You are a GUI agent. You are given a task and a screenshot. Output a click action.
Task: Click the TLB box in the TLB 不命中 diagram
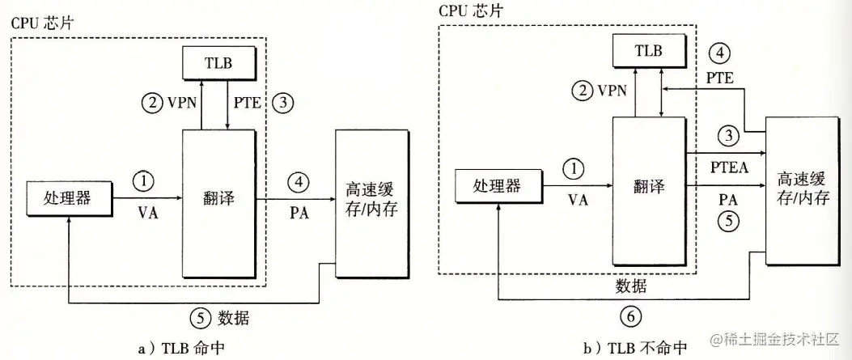pos(648,51)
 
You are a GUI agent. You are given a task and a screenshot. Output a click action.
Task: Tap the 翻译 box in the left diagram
pos(218,197)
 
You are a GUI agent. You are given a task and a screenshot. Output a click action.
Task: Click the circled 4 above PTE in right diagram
pos(718,54)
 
